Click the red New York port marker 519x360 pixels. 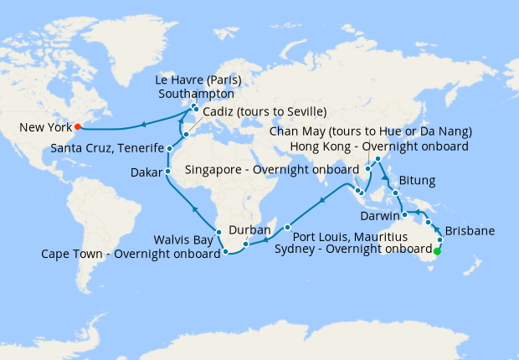(x=80, y=128)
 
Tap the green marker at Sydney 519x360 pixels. (x=436, y=249)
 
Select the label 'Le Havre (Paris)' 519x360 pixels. (x=198, y=81)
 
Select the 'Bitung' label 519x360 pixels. (x=419, y=180)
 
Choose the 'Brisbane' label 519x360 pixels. (x=468, y=230)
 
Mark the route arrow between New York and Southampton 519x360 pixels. (x=143, y=125)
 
